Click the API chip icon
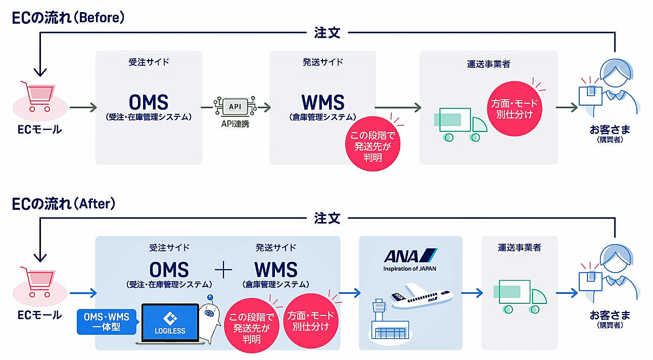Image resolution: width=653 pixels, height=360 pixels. (x=235, y=107)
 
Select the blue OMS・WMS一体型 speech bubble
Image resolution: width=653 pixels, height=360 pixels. (x=107, y=322)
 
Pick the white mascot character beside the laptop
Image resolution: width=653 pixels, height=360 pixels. (x=209, y=319)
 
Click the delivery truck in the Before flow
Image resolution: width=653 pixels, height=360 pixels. (x=460, y=124)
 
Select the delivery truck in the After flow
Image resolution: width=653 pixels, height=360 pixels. (x=520, y=297)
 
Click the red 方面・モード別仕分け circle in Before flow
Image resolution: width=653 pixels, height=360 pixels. (x=514, y=109)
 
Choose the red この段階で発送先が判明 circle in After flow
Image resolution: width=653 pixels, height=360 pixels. (x=252, y=325)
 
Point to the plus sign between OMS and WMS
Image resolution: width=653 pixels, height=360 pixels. (x=223, y=269)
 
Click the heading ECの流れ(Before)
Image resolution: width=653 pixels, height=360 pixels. (x=68, y=18)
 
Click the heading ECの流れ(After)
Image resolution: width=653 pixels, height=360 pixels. (x=64, y=204)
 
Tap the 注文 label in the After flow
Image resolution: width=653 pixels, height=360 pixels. (x=327, y=218)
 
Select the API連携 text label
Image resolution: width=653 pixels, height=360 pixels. (x=235, y=124)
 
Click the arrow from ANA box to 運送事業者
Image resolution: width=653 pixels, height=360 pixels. (x=472, y=293)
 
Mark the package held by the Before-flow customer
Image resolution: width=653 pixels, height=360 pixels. (x=591, y=95)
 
